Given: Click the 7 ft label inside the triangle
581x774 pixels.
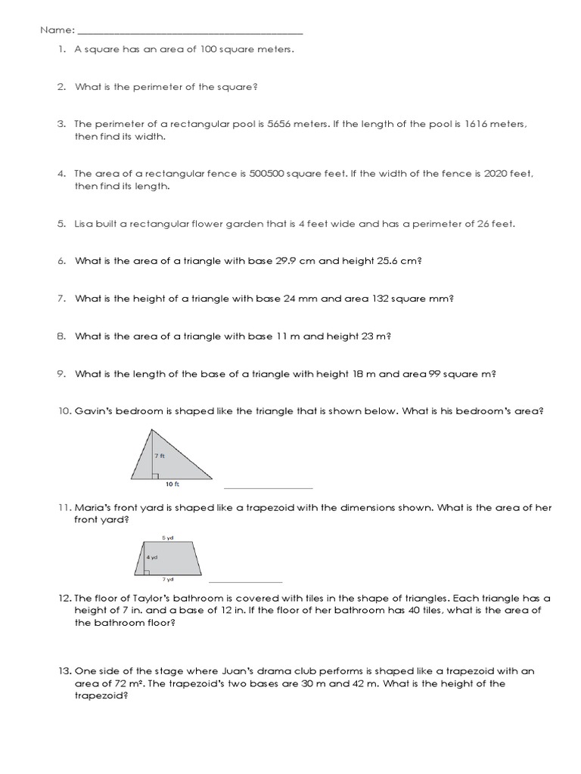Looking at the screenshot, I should [159, 457].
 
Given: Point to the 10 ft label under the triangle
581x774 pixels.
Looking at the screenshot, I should [172, 484].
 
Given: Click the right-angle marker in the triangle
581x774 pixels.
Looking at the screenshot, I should [154, 476].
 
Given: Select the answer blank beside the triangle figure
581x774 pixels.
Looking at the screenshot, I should [269, 488].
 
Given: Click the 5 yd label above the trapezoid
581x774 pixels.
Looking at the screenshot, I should [167, 537].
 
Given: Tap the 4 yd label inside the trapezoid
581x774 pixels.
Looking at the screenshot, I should [152, 556].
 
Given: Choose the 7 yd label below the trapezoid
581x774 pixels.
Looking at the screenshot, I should [167, 580].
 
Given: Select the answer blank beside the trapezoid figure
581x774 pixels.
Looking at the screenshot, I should [244, 581].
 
